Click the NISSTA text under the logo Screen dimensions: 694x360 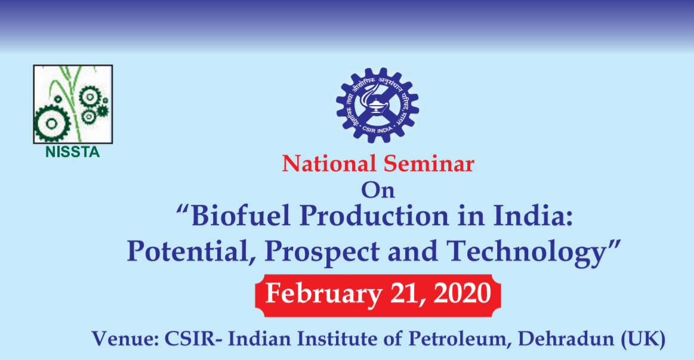73,152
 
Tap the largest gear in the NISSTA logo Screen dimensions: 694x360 52,124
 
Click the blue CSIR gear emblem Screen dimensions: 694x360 378,105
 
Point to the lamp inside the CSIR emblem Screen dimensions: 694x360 376,106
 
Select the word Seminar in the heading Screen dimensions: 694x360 429,164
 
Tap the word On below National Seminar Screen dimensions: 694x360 378,190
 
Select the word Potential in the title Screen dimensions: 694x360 189,251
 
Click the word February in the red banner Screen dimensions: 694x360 323,294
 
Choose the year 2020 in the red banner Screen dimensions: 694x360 462,293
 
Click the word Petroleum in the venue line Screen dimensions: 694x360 460,339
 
